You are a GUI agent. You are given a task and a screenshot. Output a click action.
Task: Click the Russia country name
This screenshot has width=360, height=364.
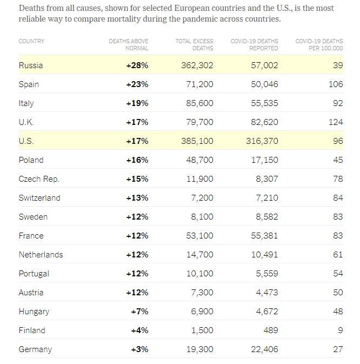(x=31, y=65)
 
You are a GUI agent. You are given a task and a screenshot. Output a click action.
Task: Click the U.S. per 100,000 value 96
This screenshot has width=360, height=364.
(x=337, y=141)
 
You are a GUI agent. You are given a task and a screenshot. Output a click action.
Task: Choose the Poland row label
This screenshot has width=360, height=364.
(x=31, y=160)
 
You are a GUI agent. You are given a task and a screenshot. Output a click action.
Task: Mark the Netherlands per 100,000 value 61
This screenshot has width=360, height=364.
(x=338, y=255)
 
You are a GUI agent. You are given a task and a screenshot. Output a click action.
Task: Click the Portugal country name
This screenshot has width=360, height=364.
(x=34, y=274)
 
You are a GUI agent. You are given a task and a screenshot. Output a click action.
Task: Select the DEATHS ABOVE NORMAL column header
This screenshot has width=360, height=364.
(x=129, y=44)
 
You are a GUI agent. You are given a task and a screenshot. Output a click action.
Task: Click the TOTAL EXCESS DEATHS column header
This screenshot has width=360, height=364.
(x=194, y=44)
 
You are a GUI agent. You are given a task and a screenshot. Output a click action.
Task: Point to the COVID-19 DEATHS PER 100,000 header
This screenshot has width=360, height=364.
(x=319, y=44)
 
